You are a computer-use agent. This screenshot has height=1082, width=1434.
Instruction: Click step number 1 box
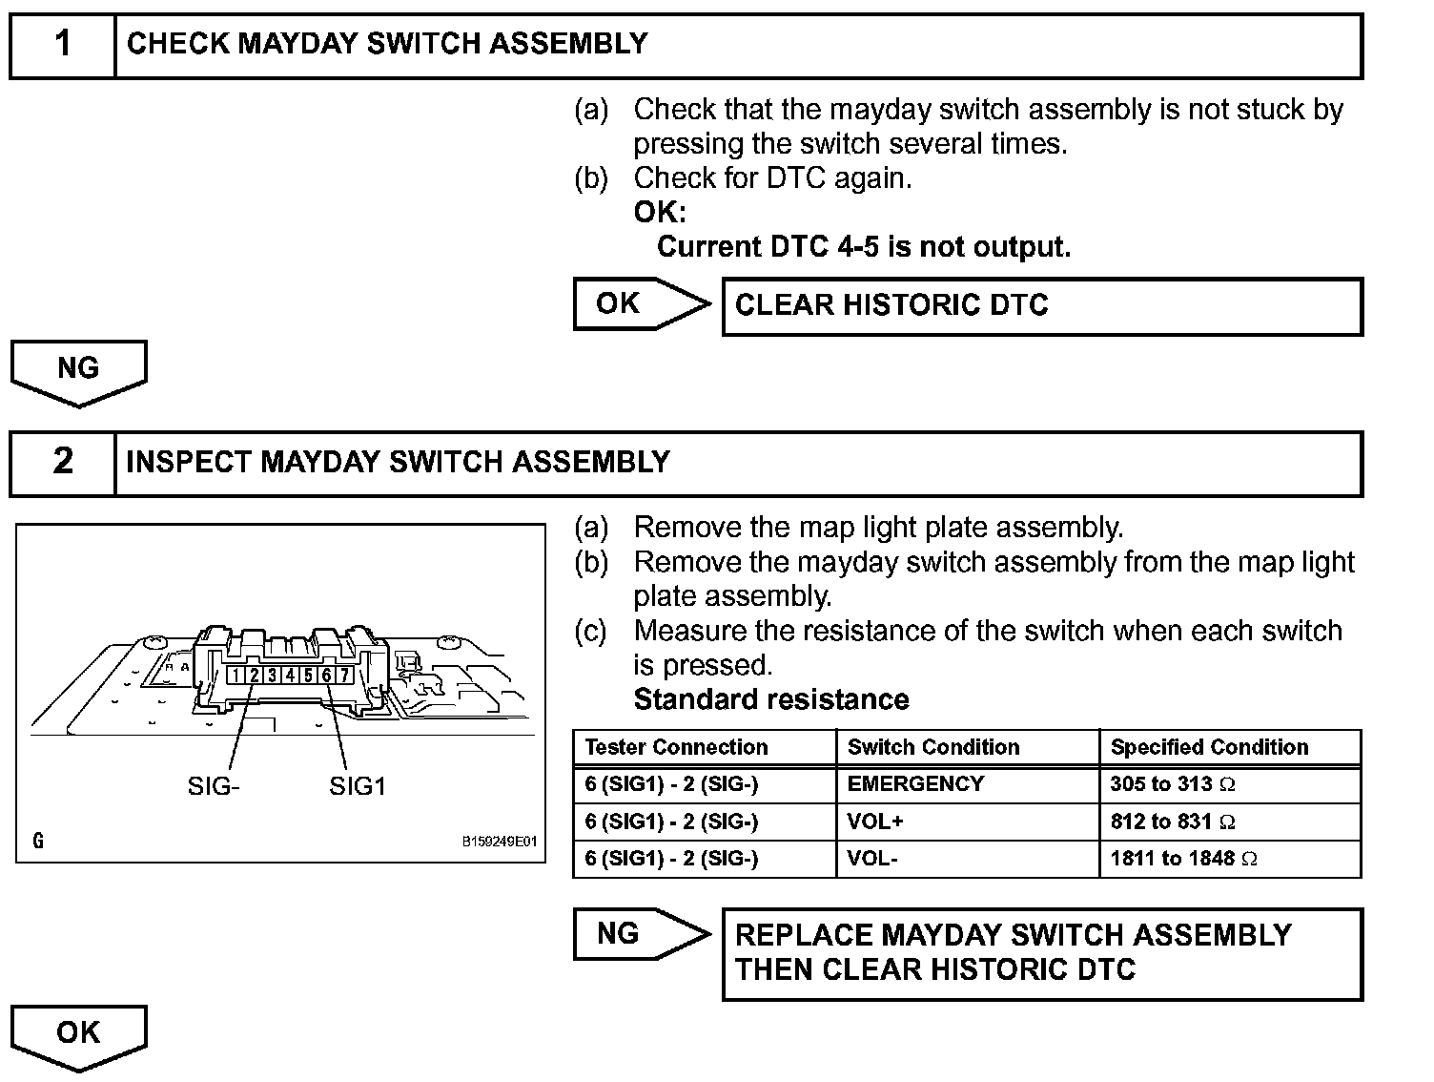click(x=63, y=45)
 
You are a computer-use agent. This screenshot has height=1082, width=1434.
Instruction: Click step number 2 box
click(x=63, y=463)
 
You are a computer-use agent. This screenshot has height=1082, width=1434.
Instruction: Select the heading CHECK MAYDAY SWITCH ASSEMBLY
click(x=387, y=44)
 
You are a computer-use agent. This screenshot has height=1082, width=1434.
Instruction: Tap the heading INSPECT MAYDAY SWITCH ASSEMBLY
click(x=398, y=463)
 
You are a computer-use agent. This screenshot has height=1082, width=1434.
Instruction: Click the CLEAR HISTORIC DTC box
click(x=1042, y=306)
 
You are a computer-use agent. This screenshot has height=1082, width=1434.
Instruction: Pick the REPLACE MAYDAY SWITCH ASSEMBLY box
click(x=1042, y=953)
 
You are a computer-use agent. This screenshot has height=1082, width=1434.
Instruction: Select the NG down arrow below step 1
click(x=78, y=370)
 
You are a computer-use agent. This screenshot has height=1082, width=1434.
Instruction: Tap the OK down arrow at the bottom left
click(x=78, y=1034)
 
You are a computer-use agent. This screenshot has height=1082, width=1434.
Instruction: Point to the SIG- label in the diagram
click(x=214, y=786)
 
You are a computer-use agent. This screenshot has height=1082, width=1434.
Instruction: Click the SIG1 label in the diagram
click(x=358, y=786)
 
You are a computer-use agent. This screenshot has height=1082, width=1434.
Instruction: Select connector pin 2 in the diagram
click(x=255, y=676)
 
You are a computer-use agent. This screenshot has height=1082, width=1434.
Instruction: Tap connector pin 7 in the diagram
click(x=344, y=676)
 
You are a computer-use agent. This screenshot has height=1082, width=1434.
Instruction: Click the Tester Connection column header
click(x=676, y=747)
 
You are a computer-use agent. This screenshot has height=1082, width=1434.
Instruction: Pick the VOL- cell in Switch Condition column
click(x=871, y=859)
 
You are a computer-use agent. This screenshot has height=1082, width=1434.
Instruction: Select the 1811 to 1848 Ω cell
click(x=1183, y=859)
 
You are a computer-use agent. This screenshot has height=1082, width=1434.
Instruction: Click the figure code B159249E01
click(x=500, y=843)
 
